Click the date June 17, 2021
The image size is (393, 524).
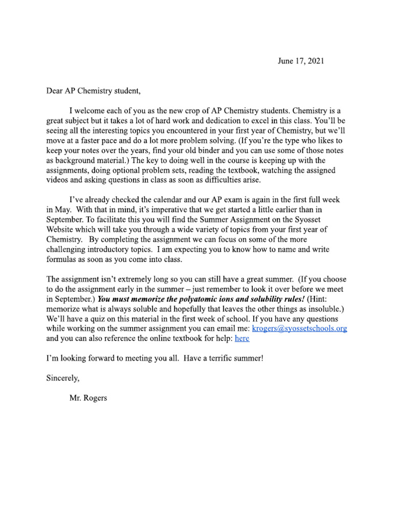[x=301, y=61]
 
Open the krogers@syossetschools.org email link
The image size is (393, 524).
[x=300, y=329]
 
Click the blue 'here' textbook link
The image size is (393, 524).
[x=242, y=339]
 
